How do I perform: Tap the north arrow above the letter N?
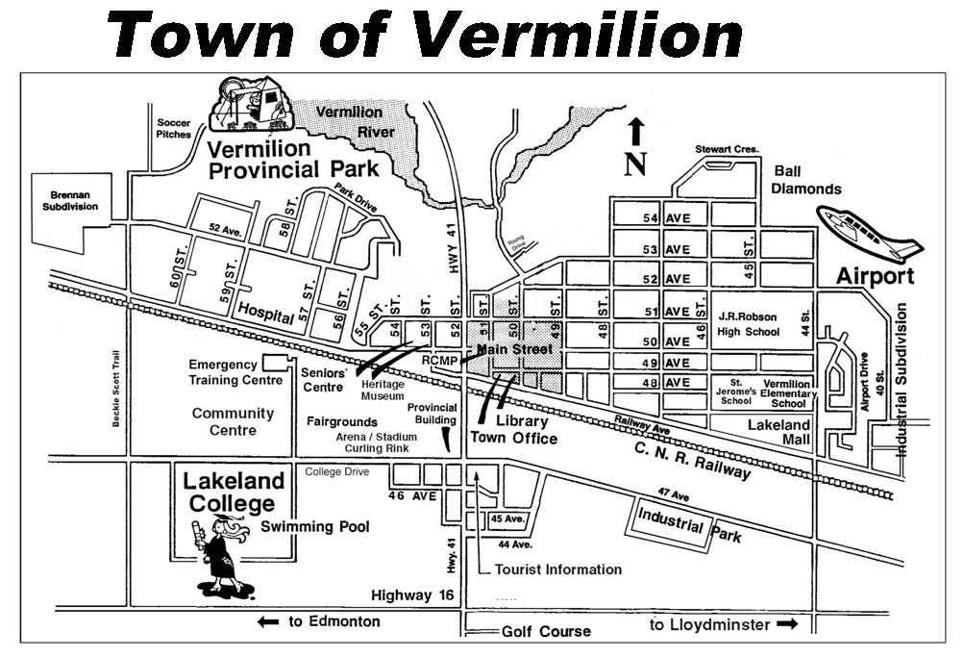(x=634, y=133)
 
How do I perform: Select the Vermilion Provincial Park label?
(x=293, y=160)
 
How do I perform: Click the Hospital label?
(x=264, y=313)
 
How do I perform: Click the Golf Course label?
(x=546, y=632)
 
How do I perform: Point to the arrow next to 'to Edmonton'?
(x=267, y=622)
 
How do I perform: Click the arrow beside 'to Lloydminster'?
(x=787, y=625)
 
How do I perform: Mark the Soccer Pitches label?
(x=174, y=129)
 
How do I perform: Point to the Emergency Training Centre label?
(x=222, y=372)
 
